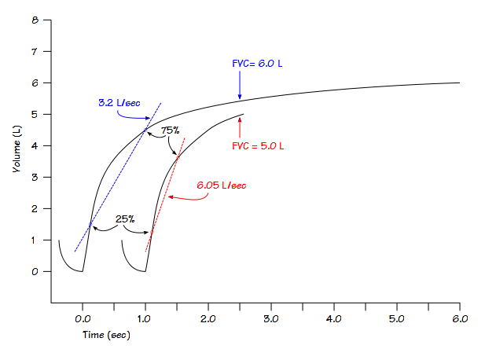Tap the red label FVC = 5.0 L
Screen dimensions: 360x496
point(257,145)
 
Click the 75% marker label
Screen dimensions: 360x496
point(171,130)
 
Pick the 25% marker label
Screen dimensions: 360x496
point(125,219)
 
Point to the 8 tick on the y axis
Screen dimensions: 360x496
point(35,20)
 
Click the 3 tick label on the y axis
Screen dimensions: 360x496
point(35,177)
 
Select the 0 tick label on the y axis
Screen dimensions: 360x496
point(35,271)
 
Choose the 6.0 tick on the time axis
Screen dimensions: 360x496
point(460,318)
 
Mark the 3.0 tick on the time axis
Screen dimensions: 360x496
point(271,318)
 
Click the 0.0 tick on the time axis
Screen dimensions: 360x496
point(83,318)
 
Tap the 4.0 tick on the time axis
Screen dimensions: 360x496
point(334,318)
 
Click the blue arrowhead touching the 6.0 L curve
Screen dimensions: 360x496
point(240,97)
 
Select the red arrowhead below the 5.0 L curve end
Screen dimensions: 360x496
point(240,119)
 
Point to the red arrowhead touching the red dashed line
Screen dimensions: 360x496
point(170,197)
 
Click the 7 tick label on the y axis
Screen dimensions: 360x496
point(35,51)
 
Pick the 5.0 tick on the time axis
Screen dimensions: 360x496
point(397,318)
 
